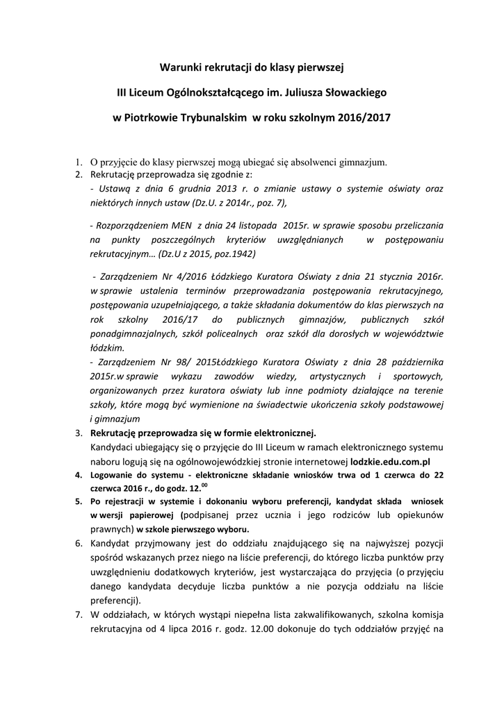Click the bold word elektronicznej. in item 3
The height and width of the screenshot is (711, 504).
[282, 433]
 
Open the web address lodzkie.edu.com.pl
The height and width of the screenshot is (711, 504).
[390, 460]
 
